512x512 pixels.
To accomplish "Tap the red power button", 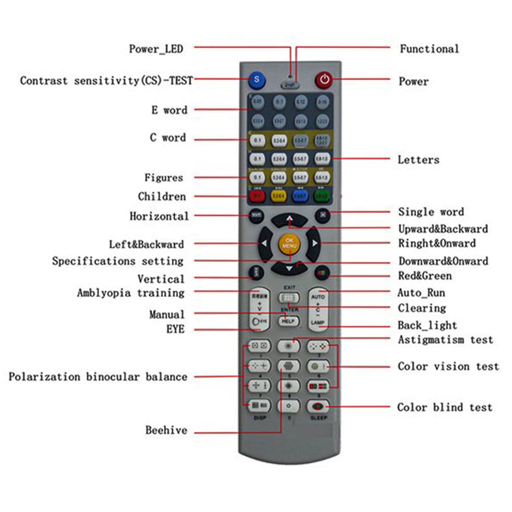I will tap(324, 80).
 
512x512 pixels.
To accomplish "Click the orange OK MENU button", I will tap(289, 243).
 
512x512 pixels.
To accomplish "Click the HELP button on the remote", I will tap(289, 321).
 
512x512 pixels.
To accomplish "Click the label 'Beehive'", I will tap(166, 430).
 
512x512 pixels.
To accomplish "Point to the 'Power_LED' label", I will tap(156, 49).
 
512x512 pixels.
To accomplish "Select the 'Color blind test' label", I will tap(445, 407).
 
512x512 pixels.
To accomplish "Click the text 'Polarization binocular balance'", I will tap(98, 377).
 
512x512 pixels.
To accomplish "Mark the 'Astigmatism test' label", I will tap(445, 340).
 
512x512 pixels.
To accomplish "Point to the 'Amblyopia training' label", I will tap(131, 293).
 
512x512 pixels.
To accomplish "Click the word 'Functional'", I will tap(429, 49).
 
